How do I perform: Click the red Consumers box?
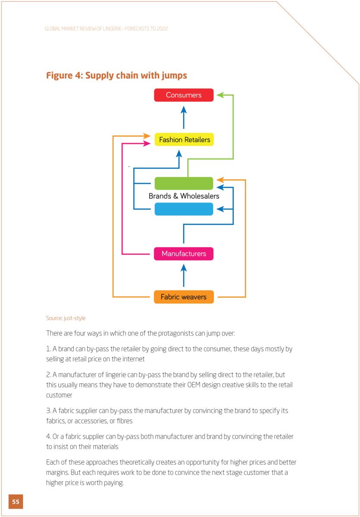184,95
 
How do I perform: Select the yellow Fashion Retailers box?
184,140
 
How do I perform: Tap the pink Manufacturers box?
184,254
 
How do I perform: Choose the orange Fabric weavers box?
184,297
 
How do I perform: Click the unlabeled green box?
184,183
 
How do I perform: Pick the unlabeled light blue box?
184,209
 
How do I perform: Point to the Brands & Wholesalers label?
184,196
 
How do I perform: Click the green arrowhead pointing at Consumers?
220,95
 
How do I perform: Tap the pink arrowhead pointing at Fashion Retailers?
147,143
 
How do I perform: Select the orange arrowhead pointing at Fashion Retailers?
147,136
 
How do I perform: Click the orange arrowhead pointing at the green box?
220,180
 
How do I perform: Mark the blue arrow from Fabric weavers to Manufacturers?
184,275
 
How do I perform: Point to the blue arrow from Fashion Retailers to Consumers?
184,117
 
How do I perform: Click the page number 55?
16,501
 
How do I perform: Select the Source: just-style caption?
66,318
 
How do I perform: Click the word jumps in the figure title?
174,76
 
